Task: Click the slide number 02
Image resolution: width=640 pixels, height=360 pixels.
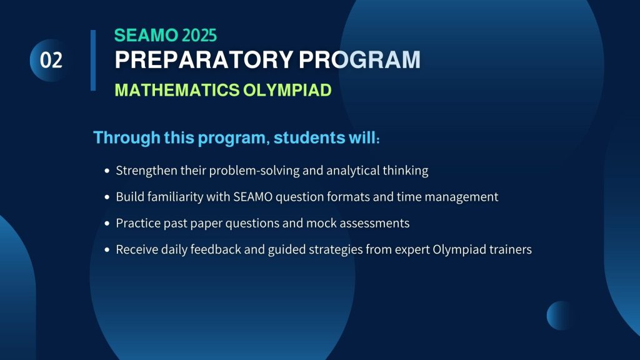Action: tap(51, 61)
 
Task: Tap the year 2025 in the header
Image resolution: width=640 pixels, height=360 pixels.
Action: tap(199, 36)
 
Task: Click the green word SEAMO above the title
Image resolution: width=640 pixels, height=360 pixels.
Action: tap(146, 36)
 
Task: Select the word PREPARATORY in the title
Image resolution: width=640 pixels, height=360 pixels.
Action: tap(204, 59)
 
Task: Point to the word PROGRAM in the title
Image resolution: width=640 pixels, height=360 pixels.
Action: tap(359, 59)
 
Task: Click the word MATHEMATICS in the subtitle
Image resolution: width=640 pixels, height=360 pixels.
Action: tap(177, 90)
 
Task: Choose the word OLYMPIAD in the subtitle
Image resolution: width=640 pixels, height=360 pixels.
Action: tap(287, 90)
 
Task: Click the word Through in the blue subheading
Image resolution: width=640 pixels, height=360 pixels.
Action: tap(127, 138)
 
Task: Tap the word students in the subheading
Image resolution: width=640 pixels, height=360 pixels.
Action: tap(309, 137)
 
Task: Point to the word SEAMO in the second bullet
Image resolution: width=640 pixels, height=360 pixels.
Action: tap(252, 197)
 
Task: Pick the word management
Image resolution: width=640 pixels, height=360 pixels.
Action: tap(461, 197)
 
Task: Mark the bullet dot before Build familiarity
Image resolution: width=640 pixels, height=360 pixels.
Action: tap(107, 197)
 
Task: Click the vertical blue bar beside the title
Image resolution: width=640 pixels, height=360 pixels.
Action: tap(93, 61)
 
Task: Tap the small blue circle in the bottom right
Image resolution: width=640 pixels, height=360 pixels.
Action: tap(559, 316)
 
